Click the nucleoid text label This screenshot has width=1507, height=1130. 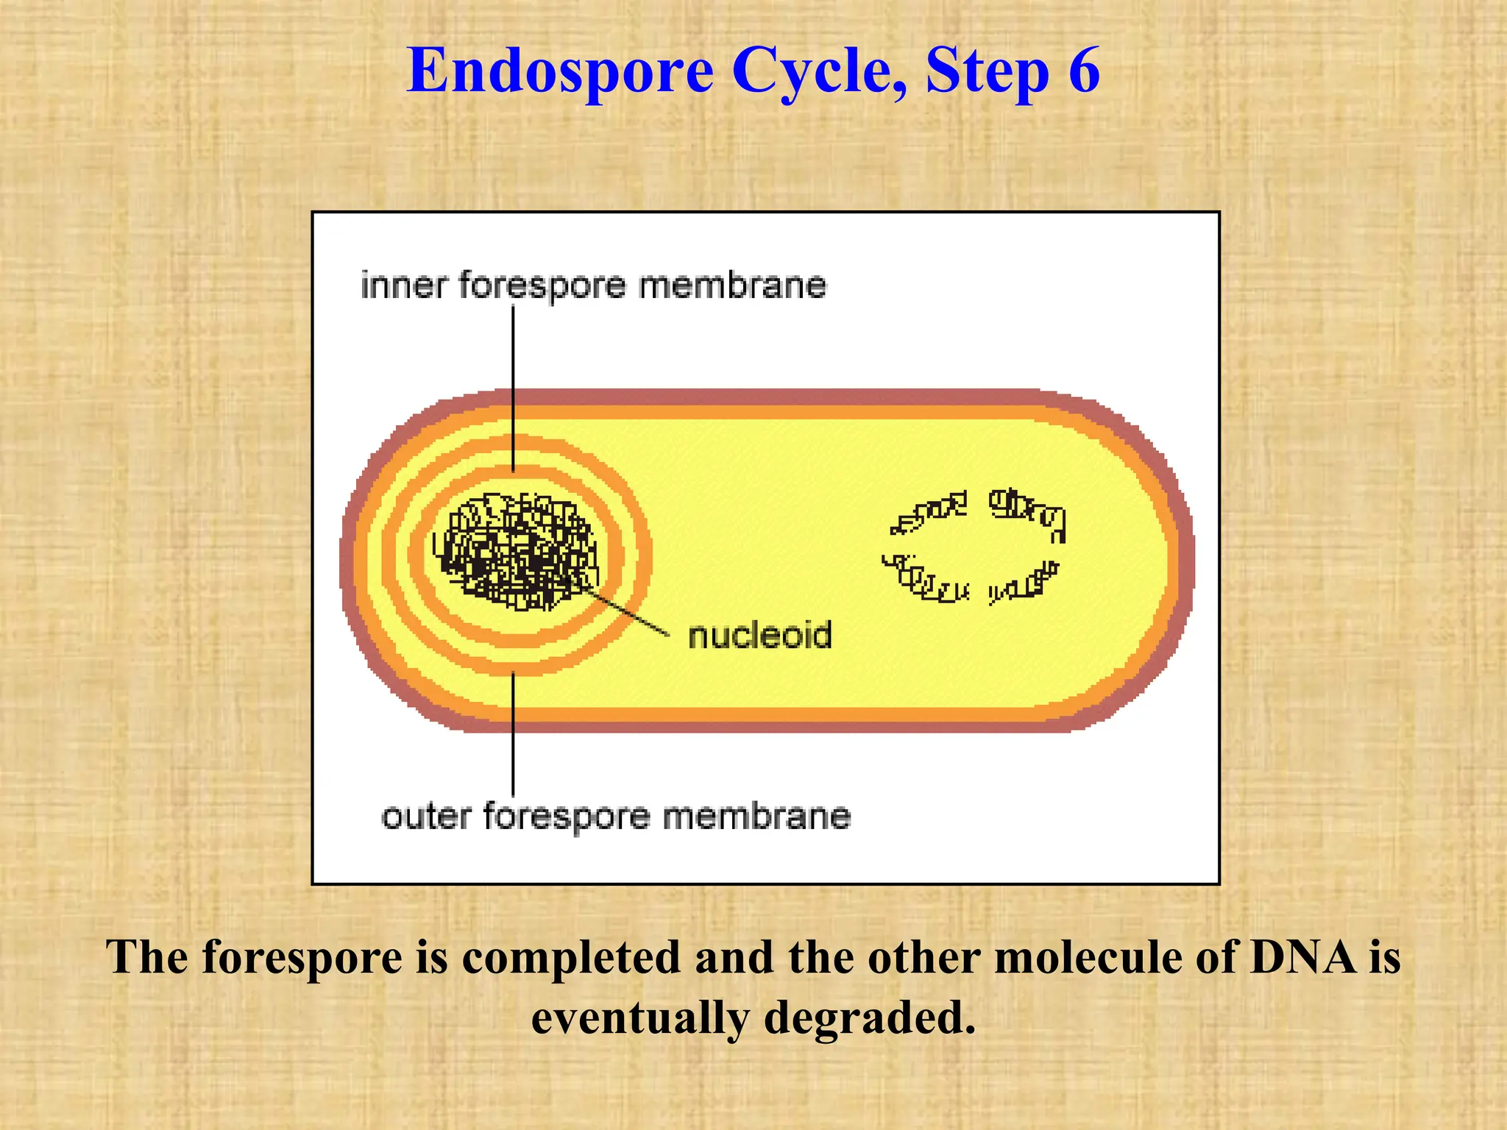click(x=759, y=636)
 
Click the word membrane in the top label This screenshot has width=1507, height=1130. click(x=732, y=285)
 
